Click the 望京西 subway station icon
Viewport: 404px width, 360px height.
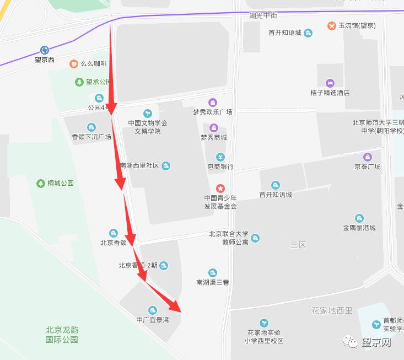click(x=45, y=50)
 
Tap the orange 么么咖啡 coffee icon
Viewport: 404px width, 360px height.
click(x=73, y=63)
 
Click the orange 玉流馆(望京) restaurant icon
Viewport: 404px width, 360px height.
click(x=332, y=25)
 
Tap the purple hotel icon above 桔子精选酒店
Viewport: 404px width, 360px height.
click(x=330, y=83)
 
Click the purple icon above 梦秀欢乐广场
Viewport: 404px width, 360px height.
click(x=213, y=102)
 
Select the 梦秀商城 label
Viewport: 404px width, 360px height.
click(x=213, y=137)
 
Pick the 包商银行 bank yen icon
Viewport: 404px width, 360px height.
click(x=220, y=157)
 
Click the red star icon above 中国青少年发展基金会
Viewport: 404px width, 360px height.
click(x=220, y=189)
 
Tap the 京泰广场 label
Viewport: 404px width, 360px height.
click(x=368, y=166)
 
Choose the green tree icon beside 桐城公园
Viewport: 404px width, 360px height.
click(x=40, y=183)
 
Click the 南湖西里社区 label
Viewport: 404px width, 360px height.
click(x=139, y=166)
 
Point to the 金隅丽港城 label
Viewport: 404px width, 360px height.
click(x=359, y=228)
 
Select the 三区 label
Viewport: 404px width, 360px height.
click(x=298, y=245)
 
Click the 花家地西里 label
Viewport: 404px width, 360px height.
click(x=332, y=310)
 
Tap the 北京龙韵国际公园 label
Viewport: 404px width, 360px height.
click(x=62, y=335)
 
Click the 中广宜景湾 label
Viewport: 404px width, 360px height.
click(x=153, y=320)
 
